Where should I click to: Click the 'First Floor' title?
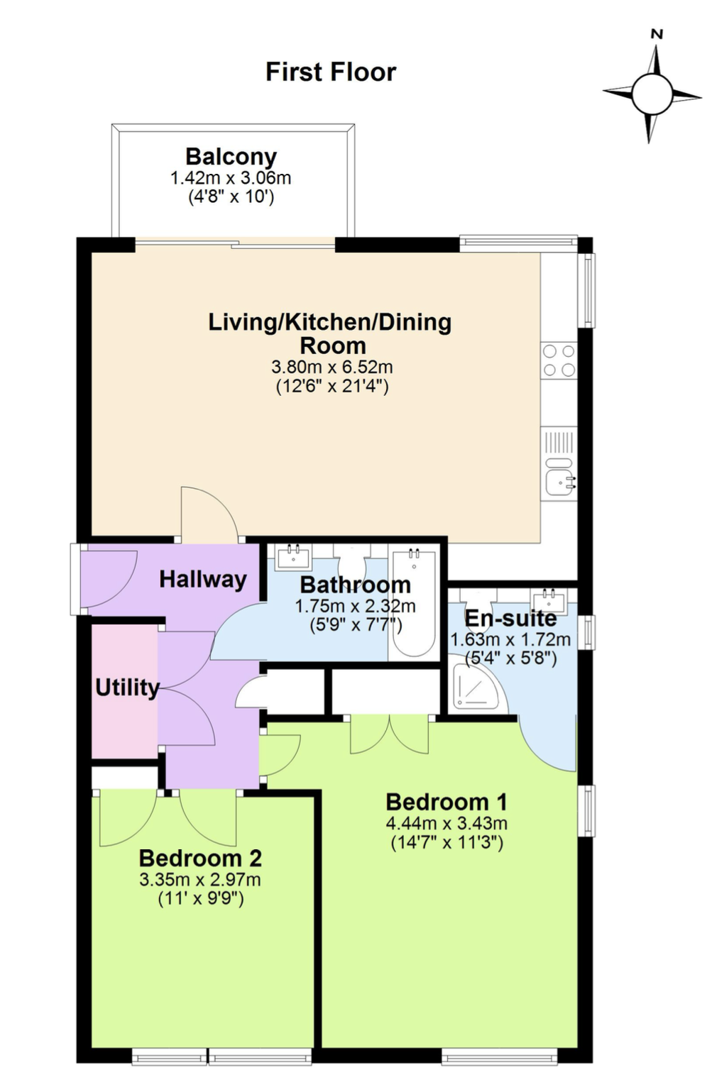point(331,72)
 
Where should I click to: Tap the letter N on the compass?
point(657,34)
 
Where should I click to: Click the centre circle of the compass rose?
point(652,94)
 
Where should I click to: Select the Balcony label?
point(231,158)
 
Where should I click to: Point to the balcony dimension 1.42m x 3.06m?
point(231,178)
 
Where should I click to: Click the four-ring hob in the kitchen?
point(559,360)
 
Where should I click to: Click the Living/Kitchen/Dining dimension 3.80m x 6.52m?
point(332,367)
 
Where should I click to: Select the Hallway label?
point(203,580)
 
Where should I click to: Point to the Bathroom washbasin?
point(294,558)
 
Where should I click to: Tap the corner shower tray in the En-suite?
point(474,684)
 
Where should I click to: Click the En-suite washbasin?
point(549,600)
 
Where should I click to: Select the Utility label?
point(127,688)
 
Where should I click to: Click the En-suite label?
point(510,618)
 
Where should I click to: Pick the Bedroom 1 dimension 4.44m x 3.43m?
point(447,823)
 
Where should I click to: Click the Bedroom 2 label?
point(200,858)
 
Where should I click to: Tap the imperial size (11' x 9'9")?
point(201,899)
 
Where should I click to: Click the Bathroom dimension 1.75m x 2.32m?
point(356,606)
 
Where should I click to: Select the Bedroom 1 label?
point(447,802)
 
